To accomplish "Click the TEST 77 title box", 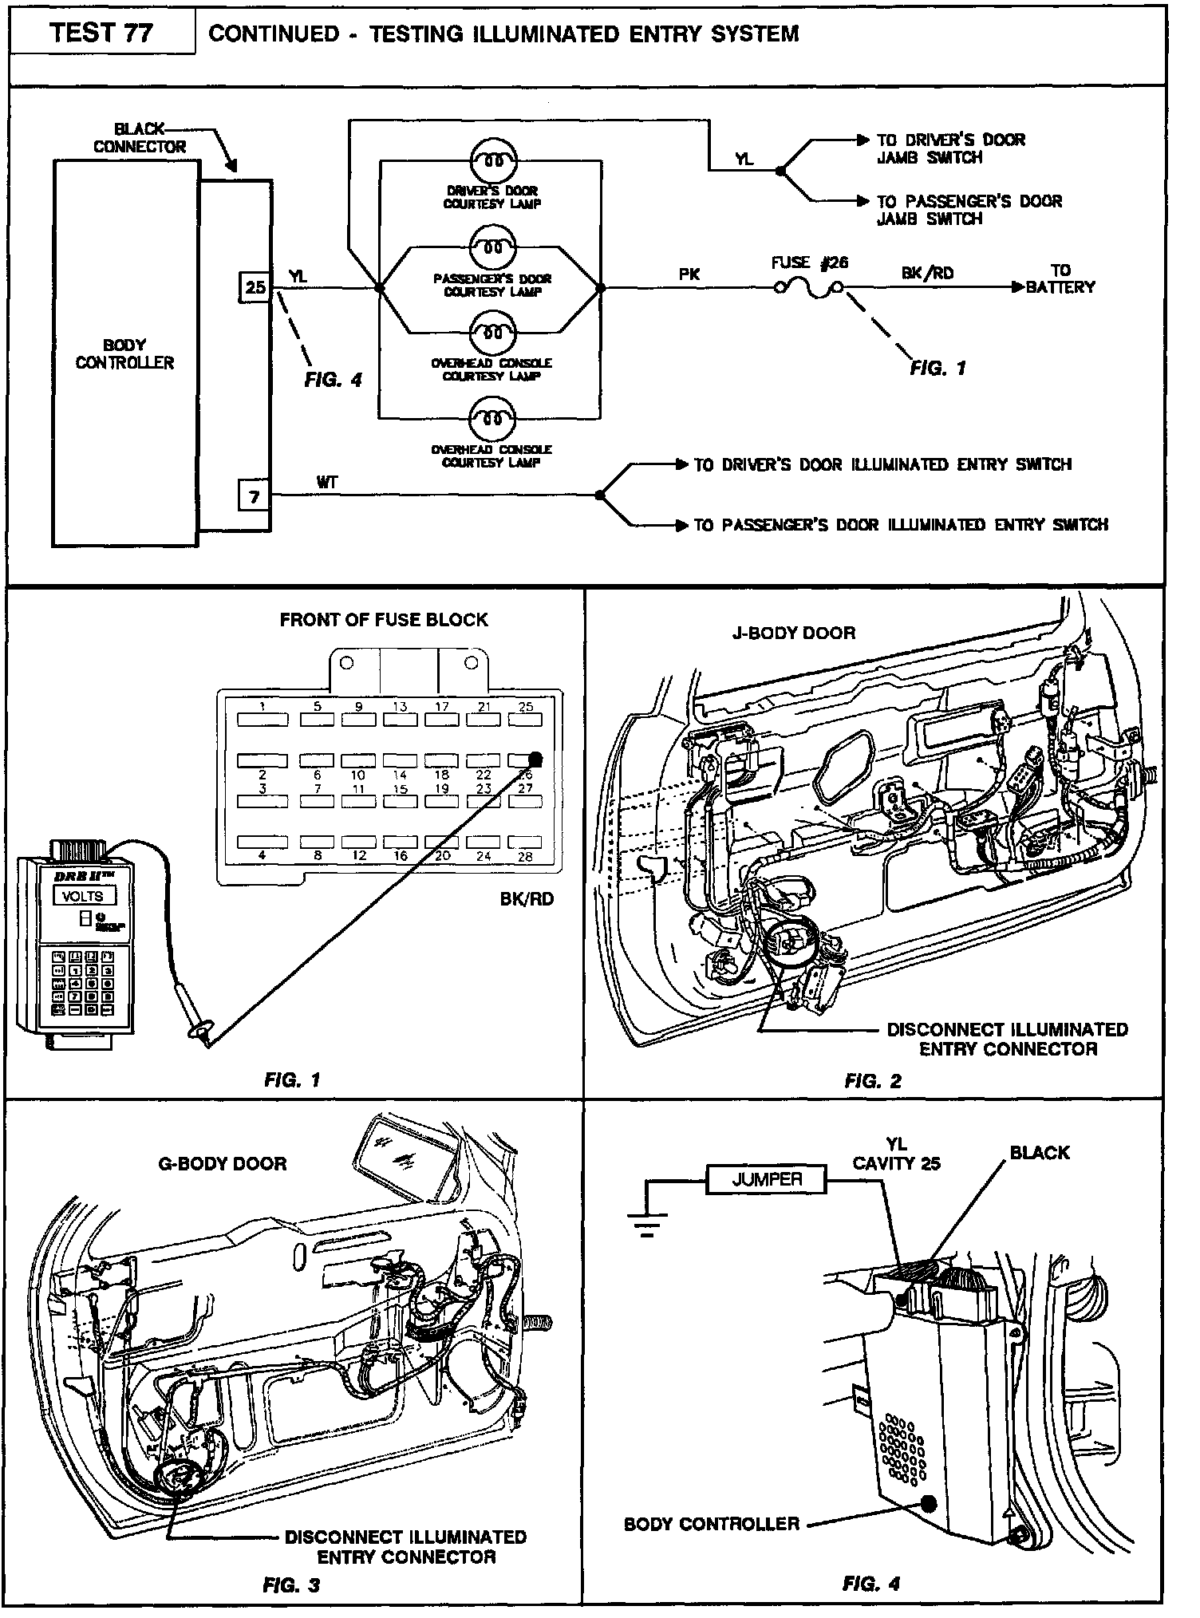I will (101, 33).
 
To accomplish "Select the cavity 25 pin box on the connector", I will (255, 287).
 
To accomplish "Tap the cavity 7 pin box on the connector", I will (254, 497).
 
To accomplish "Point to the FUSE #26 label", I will (809, 262).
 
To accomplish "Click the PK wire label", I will (689, 274).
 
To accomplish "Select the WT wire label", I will (327, 482).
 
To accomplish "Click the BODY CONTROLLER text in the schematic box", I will (124, 354).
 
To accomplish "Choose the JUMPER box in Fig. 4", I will (766, 1179).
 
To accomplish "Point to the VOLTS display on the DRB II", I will (83, 895).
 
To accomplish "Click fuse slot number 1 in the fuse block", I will (262, 719).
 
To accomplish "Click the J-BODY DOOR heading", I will (793, 633).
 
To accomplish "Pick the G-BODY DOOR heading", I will (222, 1163).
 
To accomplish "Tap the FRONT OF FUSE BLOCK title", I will (383, 620).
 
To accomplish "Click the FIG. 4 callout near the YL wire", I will (333, 381).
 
